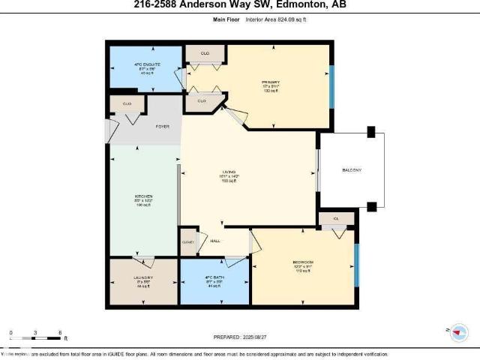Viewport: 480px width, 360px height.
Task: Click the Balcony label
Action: pyautogui.click(x=352, y=170)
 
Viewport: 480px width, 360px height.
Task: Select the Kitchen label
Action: pyautogui.click(x=143, y=196)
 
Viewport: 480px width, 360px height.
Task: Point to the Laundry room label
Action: pyautogui.click(x=143, y=278)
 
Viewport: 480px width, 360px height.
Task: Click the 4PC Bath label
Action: pyautogui.click(x=215, y=278)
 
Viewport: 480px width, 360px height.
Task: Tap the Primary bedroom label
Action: pyautogui.click(x=271, y=82)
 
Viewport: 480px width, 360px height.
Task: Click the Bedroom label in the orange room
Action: pyautogui.click(x=303, y=262)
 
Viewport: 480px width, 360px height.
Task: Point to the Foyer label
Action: pyautogui.click(x=162, y=127)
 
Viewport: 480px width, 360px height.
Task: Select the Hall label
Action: pyautogui.click(x=214, y=241)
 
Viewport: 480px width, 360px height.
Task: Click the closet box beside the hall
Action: pyautogui.click(x=187, y=242)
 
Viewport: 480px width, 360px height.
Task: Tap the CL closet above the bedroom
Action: pyautogui.click(x=336, y=219)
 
